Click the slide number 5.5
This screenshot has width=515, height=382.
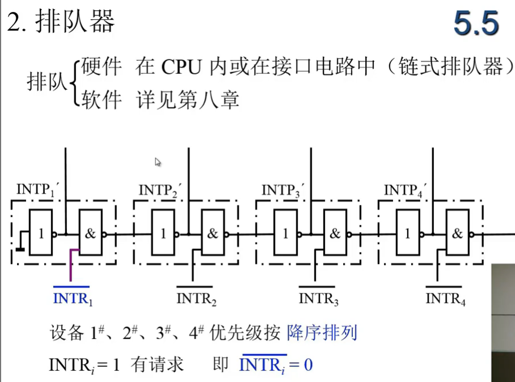tap(476, 24)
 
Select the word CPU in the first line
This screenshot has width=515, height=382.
tap(181, 67)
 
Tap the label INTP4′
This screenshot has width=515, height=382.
tap(405, 189)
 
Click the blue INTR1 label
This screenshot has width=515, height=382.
tap(72, 298)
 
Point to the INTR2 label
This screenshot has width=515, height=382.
tap(196, 298)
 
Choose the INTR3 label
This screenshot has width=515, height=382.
tap(319, 298)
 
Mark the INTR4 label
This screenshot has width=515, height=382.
tap(445, 298)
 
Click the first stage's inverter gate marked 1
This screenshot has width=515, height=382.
tap(41, 233)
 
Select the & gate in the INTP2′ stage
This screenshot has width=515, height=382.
tap(213, 233)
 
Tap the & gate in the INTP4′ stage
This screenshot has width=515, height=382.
tap(458, 233)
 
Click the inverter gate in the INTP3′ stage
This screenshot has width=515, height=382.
tap(286, 233)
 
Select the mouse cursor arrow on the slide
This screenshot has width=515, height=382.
tap(158, 162)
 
